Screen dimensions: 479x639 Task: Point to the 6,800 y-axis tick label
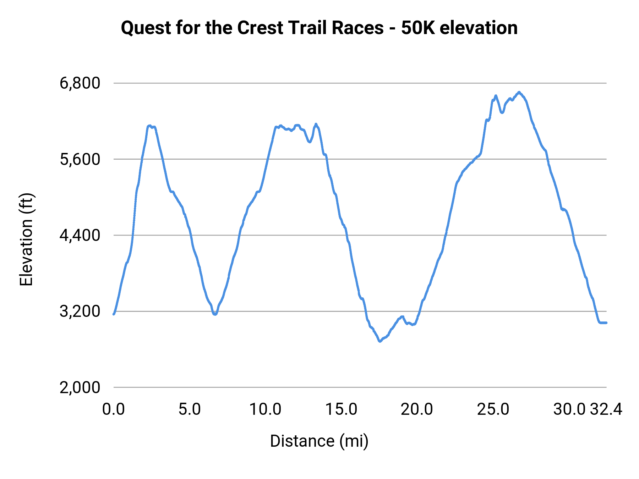click(x=80, y=83)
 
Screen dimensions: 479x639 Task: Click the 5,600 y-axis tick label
click(x=80, y=159)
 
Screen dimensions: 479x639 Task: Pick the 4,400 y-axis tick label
click(x=80, y=235)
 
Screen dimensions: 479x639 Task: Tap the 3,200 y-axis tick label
click(x=80, y=312)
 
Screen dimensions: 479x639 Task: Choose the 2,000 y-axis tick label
click(x=80, y=387)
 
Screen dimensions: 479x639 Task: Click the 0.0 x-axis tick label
click(x=114, y=409)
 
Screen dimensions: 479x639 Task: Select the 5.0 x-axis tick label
click(x=190, y=409)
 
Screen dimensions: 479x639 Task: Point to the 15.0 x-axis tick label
click(x=342, y=409)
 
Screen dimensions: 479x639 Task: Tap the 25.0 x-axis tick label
click(x=493, y=409)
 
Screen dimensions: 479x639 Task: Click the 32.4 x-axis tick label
click(x=606, y=409)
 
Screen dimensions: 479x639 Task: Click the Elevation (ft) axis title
click(x=26, y=239)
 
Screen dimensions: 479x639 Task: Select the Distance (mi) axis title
click(x=319, y=441)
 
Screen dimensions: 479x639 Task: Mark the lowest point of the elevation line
click(x=380, y=341)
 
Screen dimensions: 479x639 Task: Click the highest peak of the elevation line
click(x=519, y=92)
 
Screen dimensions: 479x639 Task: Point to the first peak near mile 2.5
click(x=150, y=126)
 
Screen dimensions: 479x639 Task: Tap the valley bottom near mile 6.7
click(x=215, y=314)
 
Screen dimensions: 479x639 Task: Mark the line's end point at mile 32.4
click(x=606, y=323)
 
